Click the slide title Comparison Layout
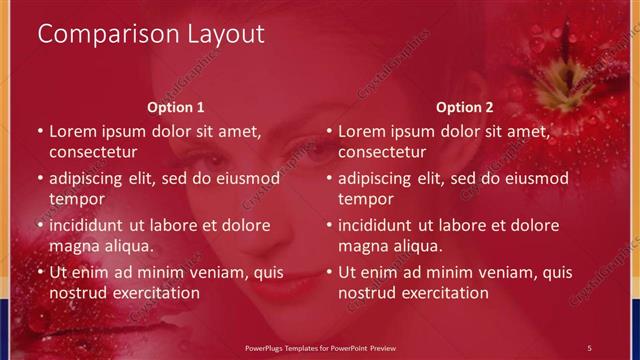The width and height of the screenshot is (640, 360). point(151,34)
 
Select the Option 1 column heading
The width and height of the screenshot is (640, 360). point(176,107)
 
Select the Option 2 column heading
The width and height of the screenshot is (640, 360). point(465,107)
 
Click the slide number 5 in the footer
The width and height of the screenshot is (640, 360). point(589,346)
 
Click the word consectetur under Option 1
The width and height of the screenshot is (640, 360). point(93,152)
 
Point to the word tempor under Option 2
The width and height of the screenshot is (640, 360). point(363,199)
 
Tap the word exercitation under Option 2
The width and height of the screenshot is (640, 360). point(441,293)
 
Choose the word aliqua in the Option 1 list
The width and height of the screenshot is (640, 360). point(128,246)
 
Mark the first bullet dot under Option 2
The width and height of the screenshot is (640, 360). point(329,131)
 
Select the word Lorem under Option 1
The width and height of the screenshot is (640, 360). point(72,131)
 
